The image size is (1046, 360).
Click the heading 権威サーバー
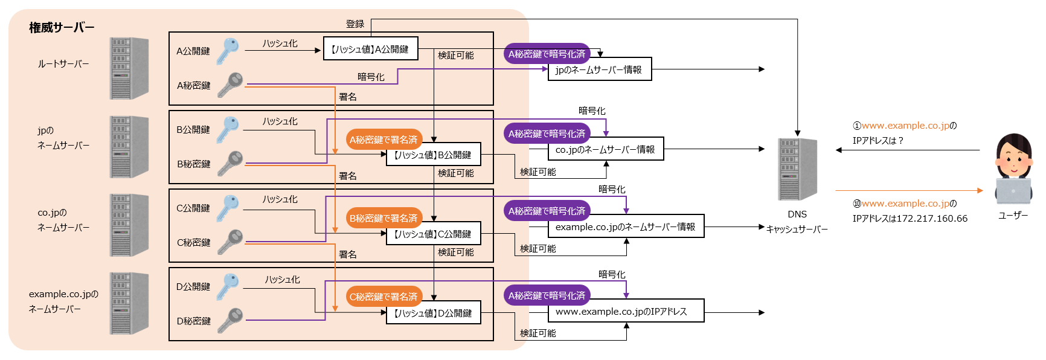click(x=62, y=28)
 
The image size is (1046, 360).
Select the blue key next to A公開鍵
click(x=228, y=50)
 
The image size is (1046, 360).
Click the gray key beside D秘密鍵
click(x=230, y=320)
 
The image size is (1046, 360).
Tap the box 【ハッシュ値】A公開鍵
click(x=370, y=49)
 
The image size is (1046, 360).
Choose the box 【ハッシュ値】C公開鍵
click(x=433, y=234)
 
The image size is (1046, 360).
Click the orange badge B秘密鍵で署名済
click(x=383, y=218)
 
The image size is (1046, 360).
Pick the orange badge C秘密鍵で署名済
click(x=383, y=297)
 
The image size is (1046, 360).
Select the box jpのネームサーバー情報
click(x=599, y=69)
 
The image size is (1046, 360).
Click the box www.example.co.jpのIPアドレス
click(x=626, y=312)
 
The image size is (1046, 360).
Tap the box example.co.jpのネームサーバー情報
click(x=626, y=227)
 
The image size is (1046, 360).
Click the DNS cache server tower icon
click(x=797, y=169)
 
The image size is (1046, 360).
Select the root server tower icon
click(x=129, y=68)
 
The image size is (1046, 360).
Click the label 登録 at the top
click(x=355, y=24)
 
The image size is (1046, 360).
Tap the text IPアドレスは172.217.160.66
click(x=910, y=219)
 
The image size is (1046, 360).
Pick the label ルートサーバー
click(x=63, y=64)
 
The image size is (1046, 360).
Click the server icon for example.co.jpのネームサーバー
click(x=129, y=303)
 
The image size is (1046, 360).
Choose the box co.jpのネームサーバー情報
click(x=605, y=149)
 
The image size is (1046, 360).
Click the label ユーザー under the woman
click(x=1013, y=215)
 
